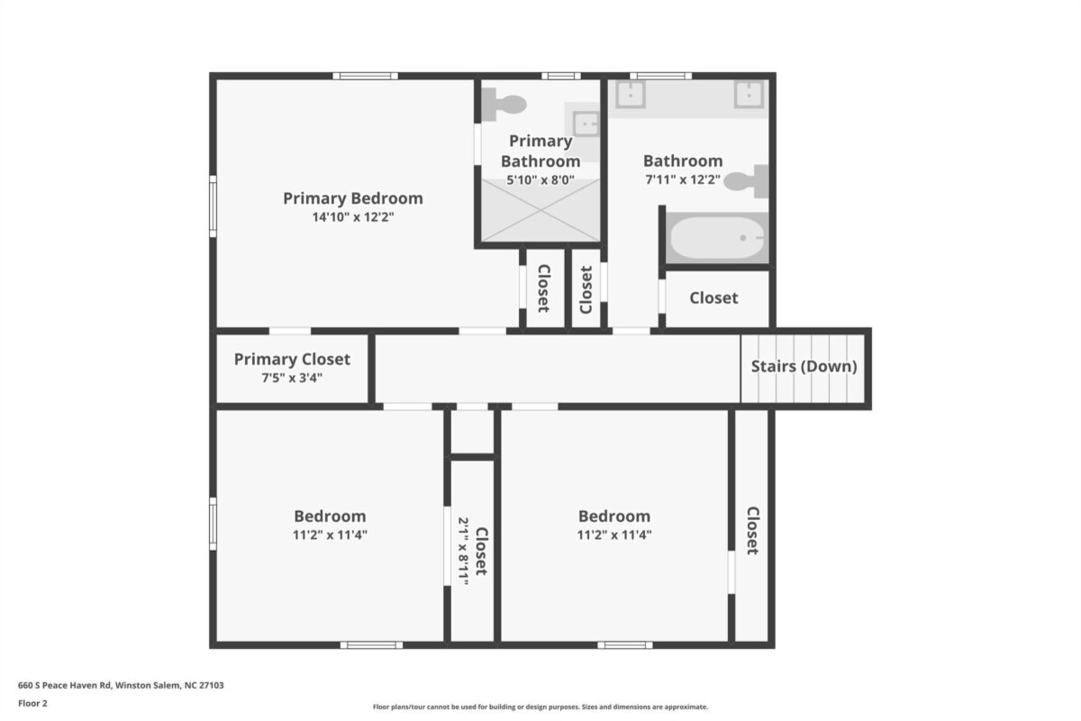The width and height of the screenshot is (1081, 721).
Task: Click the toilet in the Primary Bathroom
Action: (x=504, y=105)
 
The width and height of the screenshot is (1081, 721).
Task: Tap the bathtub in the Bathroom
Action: (x=717, y=238)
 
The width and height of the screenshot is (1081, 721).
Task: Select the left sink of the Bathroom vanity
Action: (x=631, y=94)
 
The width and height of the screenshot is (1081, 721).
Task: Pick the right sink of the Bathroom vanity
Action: (x=749, y=94)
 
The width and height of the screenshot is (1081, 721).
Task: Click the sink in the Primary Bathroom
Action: (x=586, y=124)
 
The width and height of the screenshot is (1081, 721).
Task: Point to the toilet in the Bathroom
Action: (x=746, y=181)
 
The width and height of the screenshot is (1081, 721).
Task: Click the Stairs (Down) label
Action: (x=804, y=367)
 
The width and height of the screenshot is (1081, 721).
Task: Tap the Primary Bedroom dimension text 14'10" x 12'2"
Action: (x=353, y=217)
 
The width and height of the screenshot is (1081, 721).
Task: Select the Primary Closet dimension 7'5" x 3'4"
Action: (x=292, y=378)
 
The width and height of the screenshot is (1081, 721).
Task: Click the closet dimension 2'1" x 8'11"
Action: (x=463, y=552)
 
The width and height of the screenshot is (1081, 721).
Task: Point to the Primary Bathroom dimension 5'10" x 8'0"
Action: (x=540, y=180)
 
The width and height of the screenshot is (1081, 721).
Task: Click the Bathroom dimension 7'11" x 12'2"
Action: (x=683, y=179)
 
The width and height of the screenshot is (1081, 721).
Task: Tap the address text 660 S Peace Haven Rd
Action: (x=65, y=685)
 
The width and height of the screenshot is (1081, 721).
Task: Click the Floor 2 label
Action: (x=32, y=704)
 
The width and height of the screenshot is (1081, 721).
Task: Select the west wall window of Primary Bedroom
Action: (x=213, y=206)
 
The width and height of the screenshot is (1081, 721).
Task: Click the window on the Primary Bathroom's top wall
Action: (x=560, y=76)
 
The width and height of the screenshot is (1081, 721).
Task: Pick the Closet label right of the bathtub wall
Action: (x=713, y=298)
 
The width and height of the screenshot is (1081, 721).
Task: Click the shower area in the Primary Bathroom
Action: (x=540, y=210)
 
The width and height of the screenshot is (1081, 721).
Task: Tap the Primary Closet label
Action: (x=292, y=360)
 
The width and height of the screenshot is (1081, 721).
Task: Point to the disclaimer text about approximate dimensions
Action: (x=540, y=707)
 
